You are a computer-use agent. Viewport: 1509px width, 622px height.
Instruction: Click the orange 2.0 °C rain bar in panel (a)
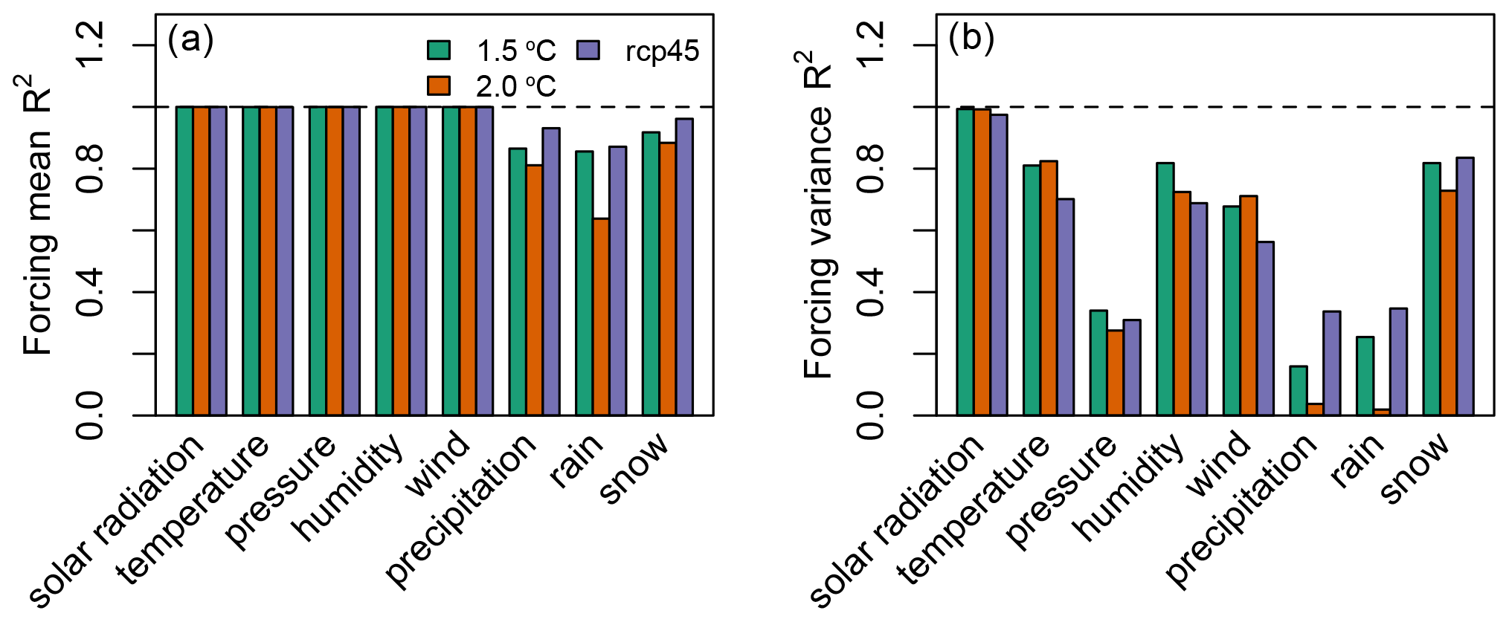tap(601, 317)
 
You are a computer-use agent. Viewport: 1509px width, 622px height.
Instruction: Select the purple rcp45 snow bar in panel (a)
tap(684, 267)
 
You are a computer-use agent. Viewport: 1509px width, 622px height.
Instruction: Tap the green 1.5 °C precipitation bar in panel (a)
tap(518, 282)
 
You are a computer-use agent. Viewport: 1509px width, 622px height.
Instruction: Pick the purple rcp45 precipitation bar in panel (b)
tap(1331, 363)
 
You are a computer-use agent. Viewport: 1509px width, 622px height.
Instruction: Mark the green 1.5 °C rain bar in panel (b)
tap(1365, 376)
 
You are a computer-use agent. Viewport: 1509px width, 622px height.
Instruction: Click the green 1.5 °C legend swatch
tap(439, 50)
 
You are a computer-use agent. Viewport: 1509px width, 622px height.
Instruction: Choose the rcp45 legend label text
tap(662, 51)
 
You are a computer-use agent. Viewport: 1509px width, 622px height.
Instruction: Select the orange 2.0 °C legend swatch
tap(439, 85)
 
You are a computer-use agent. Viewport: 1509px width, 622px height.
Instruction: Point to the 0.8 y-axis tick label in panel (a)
tap(91, 169)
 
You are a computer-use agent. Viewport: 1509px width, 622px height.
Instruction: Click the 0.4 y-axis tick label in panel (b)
tap(872, 292)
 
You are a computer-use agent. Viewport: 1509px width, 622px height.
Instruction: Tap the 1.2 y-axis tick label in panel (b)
tap(872, 45)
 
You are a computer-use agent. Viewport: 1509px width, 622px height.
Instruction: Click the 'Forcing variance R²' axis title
tap(818, 216)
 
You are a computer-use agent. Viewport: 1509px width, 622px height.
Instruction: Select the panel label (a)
tap(190, 39)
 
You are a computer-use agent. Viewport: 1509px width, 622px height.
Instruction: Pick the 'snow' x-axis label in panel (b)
tap(1415, 468)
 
